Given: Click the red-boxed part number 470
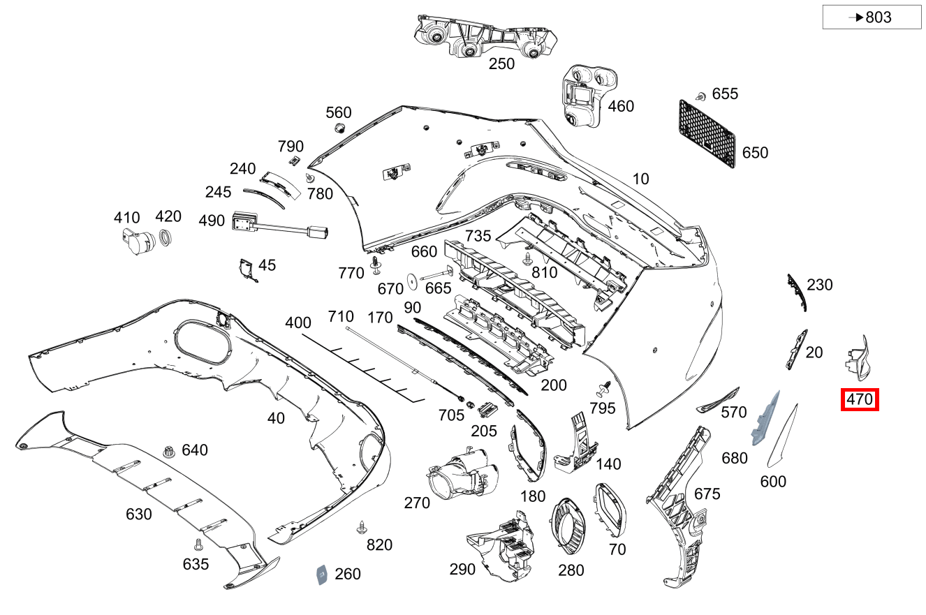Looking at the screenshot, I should click(x=860, y=400).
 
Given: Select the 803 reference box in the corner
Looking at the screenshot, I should click(x=872, y=17).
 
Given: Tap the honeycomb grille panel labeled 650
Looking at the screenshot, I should click(x=707, y=133).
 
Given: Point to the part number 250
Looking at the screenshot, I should click(x=501, y=64).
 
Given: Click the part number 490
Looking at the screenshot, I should click(x=212, y=221).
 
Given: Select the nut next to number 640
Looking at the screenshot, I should click(x=168, y=452).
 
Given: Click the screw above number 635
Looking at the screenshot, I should click(x=198, y=542).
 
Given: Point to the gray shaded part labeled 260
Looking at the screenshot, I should click(x=322, y=574).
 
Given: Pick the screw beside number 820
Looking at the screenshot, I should click(x=361, y=527).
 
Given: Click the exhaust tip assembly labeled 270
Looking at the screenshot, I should click(x=461, y=474).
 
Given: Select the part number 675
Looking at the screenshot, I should click(x=707, y=494).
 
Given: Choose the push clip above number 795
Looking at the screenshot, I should click(x=603, y=387).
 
